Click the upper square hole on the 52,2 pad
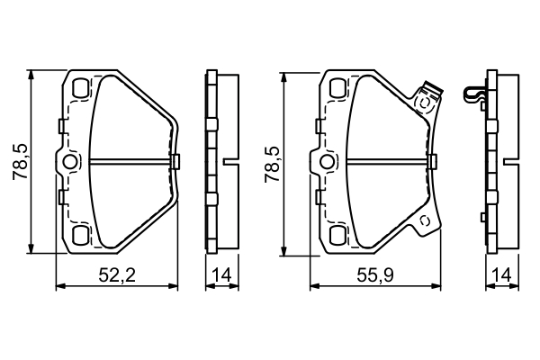pos(79,89)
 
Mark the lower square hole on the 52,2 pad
pos(79,236)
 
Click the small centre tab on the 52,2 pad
pos(175,162)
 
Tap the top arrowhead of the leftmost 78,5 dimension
pos(32,75)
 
